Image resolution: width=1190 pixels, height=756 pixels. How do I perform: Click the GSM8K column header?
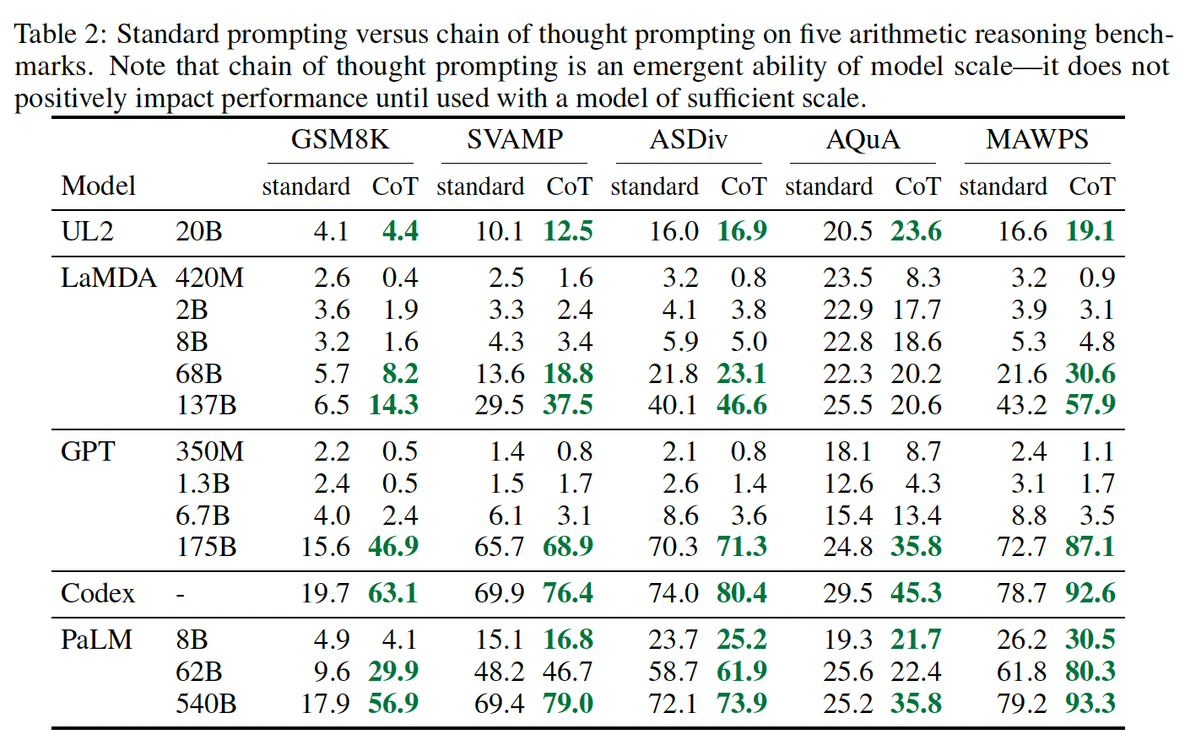coord(340,139)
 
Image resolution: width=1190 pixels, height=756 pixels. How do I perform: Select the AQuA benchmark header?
coord(863,139)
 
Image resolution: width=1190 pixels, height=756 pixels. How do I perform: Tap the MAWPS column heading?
coord(1037,139)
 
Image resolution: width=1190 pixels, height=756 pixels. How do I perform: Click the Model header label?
coord(99,186)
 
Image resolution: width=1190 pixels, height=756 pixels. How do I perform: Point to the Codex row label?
coord(98,593)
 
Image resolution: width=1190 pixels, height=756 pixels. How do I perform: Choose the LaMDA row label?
coord(109,278)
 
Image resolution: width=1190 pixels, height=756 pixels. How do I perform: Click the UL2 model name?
coord(87,231)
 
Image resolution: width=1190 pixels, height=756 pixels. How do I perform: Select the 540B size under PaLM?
coord(206,703)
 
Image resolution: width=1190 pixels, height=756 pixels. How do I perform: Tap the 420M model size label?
coord(209,278)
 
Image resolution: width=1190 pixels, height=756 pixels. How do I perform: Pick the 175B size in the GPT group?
coord(206,547)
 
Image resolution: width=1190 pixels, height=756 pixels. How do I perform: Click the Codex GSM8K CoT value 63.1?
coord(393,593)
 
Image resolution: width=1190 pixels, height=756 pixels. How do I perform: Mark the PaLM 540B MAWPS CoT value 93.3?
coord(1090,703)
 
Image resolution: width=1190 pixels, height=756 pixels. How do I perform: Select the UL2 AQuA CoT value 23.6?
coord(916,231)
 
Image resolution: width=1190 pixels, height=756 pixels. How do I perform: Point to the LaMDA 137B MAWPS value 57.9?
coord(1090,405)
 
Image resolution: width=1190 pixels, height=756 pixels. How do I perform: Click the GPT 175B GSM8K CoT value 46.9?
coord(393,547)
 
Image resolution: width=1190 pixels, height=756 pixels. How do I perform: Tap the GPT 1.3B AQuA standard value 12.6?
coord(848,483)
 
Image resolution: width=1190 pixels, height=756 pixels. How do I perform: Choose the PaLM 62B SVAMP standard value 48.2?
coord(499,672)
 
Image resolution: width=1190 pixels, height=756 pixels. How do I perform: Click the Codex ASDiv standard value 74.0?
coord(673,593)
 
